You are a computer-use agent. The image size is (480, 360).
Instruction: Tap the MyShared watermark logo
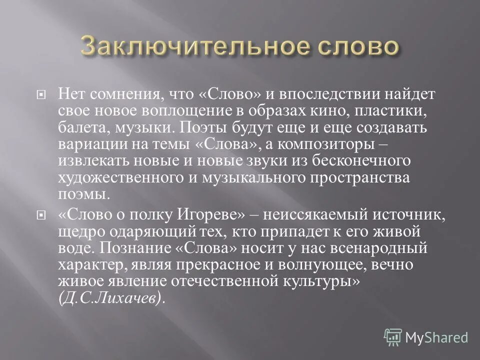coord(426,337)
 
